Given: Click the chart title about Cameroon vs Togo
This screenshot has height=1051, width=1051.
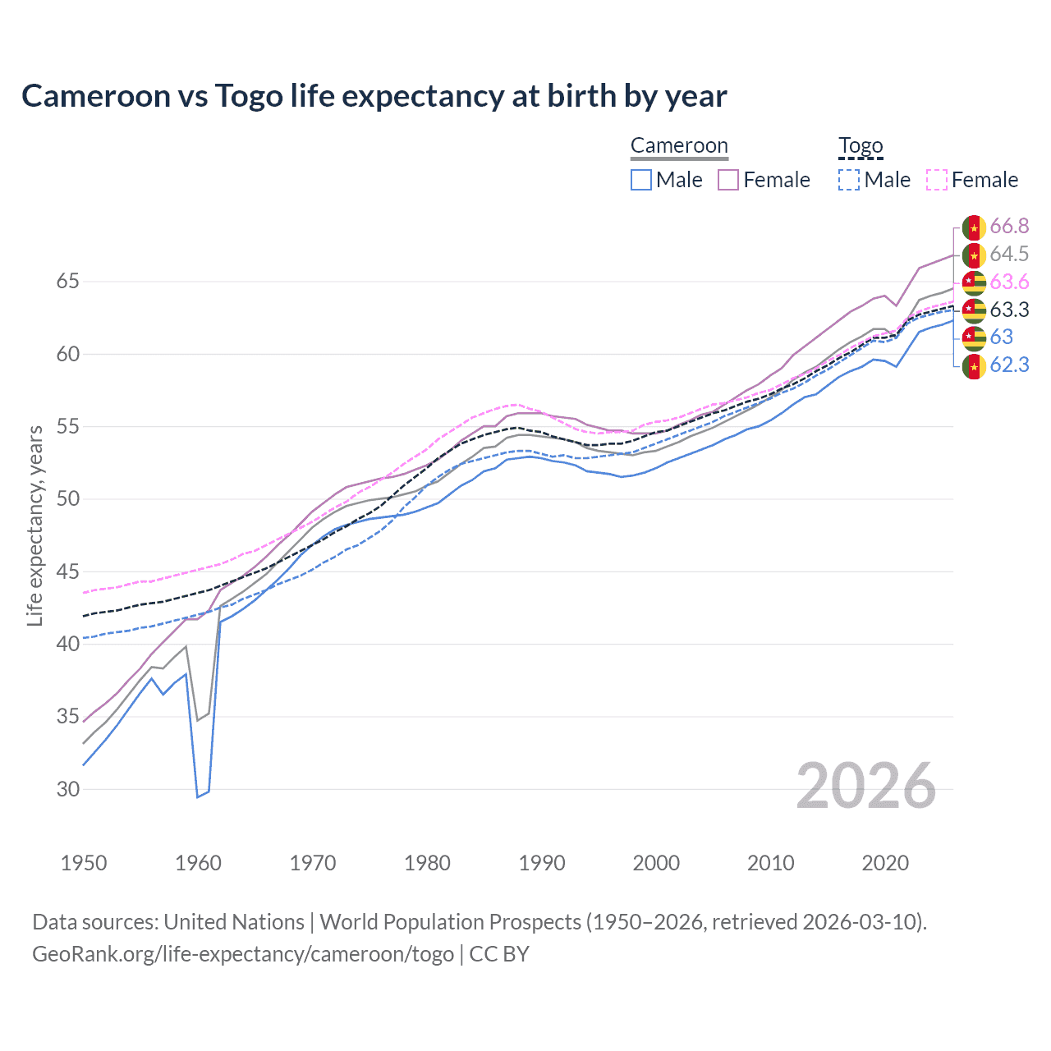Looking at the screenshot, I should click(374, 96).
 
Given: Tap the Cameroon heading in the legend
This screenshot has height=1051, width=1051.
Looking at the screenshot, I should click(679, 146).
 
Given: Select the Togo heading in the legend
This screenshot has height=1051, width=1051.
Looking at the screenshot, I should click(861, 146).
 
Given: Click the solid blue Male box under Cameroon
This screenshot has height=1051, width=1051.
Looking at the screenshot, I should click(641, 180).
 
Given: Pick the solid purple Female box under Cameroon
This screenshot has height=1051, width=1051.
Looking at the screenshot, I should click(728, 180).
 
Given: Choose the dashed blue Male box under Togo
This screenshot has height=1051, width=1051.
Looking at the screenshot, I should click(849, 180).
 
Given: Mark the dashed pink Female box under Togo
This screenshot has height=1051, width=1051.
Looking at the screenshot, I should click(937, 180).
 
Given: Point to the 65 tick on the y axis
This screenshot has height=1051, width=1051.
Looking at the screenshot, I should click(67, 282).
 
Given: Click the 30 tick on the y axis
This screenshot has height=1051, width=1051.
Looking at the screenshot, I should click(67, 789).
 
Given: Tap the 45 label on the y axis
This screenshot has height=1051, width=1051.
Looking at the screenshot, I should click(67, 571).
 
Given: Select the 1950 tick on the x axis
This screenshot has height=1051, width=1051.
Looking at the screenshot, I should click(84, 863).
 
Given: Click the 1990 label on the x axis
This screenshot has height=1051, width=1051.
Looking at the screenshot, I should click(542, 863).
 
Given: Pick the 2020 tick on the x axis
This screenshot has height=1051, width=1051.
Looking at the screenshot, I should click(885, 863).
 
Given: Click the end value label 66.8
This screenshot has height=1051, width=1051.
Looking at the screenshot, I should click(1009, 227).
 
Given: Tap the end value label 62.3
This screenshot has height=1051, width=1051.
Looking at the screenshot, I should click(1009, 365).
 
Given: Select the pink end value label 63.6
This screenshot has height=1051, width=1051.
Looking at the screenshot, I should click(1009, 282).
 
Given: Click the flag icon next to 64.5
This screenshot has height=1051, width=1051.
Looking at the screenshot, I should click(974, 255).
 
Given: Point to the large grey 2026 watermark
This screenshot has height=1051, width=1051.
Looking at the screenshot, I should click(866, 786).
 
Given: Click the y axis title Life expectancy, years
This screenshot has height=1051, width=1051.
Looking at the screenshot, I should click(34, 525).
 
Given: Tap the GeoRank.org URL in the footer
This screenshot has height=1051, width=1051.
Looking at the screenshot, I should click(243, 954).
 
